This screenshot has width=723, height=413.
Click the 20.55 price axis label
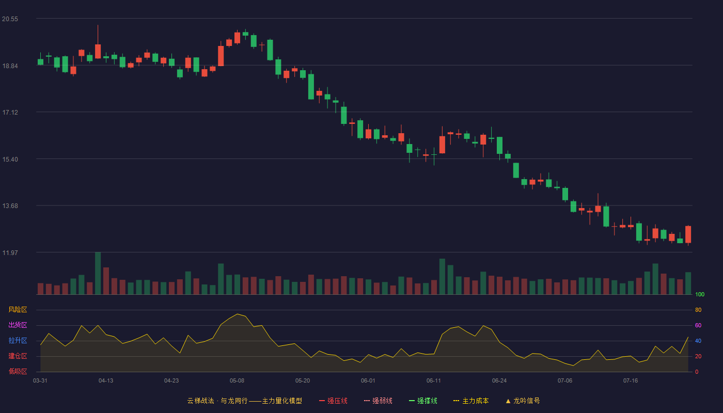click(10, 19)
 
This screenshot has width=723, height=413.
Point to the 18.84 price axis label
click(10, 66)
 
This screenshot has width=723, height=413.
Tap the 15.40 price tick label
click(10, 160)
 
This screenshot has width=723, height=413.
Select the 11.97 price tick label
click(10, 252)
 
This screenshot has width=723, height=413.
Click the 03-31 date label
click(40, 381)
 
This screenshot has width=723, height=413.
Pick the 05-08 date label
click(237, 381)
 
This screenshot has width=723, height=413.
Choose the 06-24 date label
click(499, 381)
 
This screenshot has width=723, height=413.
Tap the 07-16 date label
click(631, 381)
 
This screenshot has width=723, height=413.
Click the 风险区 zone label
click(18, 310)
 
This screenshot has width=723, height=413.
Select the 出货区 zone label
click(18, 325)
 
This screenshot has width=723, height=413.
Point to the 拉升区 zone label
click(18, 340)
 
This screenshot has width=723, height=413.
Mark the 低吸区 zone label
click(18, 371)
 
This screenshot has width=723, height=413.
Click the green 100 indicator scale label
click(700, 294)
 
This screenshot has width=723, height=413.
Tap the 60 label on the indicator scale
click(698, 325)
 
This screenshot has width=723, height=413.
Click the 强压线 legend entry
click(333, 401)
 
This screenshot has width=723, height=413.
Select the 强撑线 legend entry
click(423, 401)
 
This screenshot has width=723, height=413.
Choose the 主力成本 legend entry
click(471, 401)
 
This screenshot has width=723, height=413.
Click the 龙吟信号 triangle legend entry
click(523, 401)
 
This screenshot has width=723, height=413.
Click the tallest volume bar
click(98, 273)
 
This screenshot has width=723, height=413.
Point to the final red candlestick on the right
click(688, 234)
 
